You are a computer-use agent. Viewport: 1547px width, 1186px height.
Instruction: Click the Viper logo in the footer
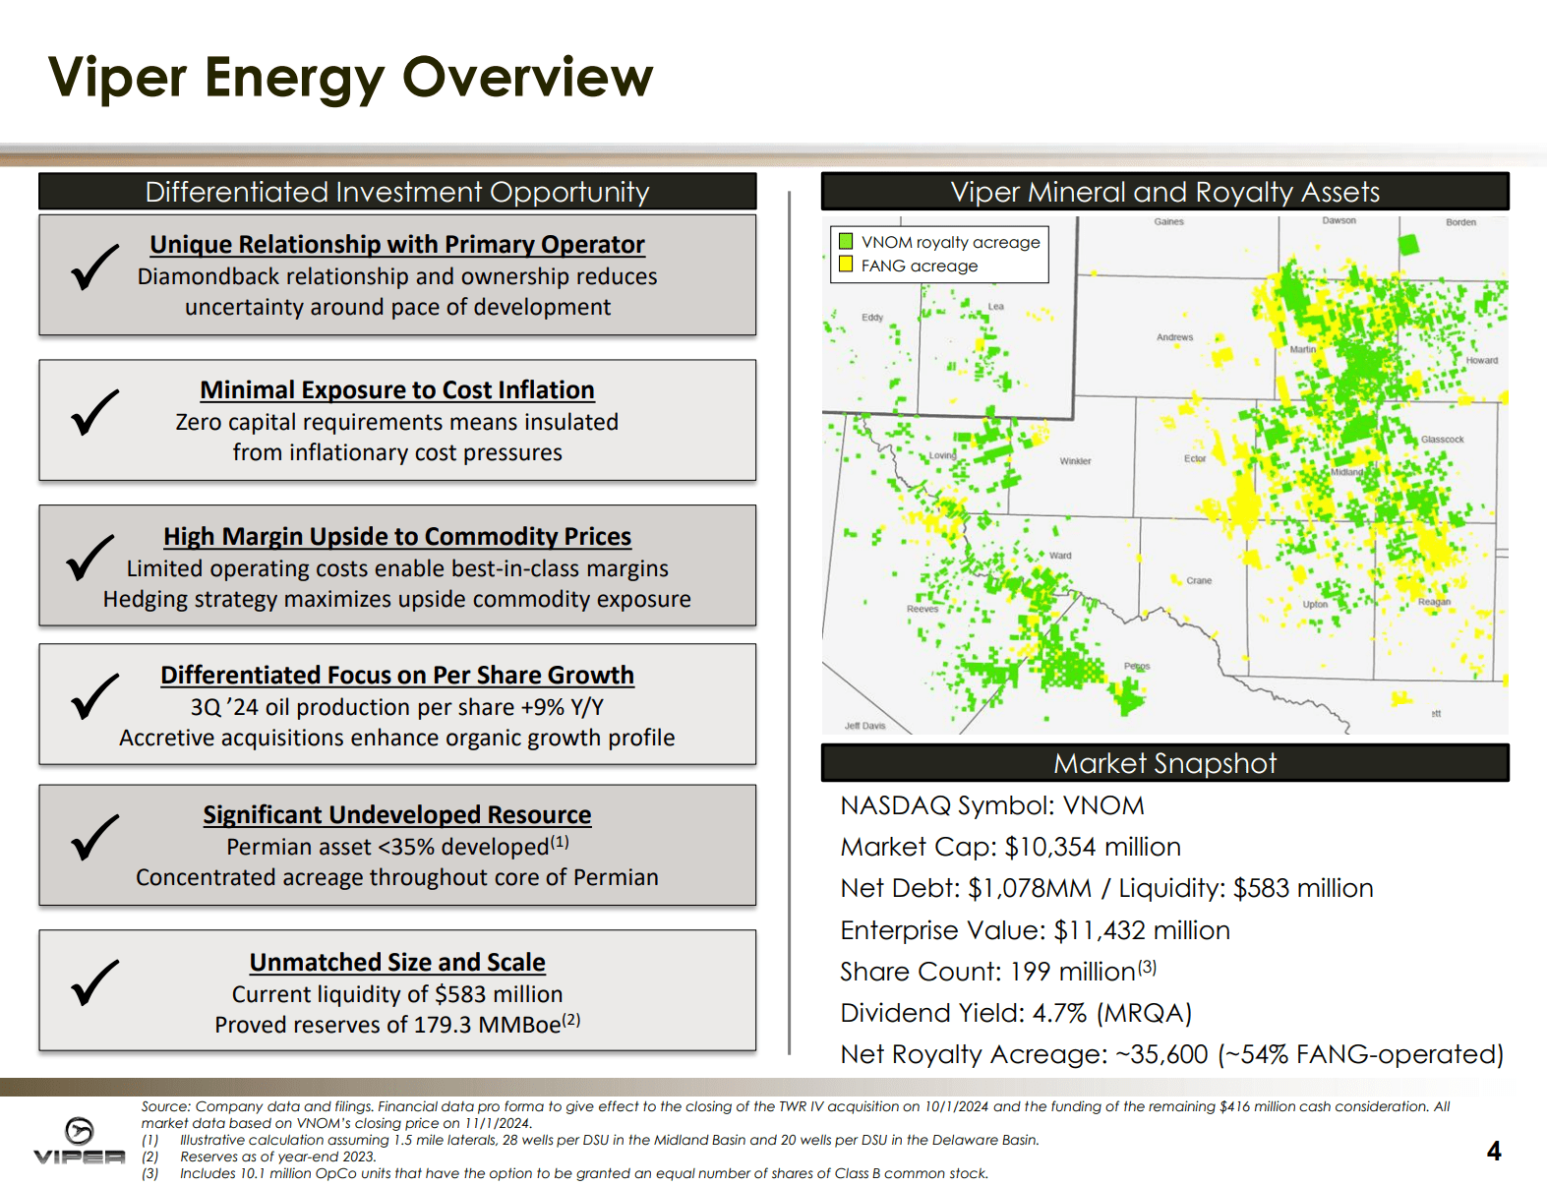[80, 1141]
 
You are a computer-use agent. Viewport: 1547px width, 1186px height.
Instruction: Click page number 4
[1493, 1151]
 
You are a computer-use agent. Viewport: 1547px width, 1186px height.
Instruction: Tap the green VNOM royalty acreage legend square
[846, 241]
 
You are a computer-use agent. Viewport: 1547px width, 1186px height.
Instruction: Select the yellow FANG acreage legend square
[846, 265]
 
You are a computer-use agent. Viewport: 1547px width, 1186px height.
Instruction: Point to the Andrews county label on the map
[1174, 337]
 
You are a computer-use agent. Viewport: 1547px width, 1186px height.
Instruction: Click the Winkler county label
[1075, 461]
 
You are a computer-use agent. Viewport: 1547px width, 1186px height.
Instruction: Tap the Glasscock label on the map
[1442, 440]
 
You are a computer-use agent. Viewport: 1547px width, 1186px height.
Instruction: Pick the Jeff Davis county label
[864, 726]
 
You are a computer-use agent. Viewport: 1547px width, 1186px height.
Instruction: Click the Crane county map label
[1199, 581]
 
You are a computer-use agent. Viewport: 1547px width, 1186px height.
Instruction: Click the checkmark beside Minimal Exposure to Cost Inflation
[94, 413]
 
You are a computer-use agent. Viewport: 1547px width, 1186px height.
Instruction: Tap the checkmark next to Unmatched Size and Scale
[94, 982]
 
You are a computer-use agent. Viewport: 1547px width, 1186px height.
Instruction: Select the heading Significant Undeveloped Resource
[397, 815]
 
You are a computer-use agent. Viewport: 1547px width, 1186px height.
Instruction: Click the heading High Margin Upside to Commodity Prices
[397, 537]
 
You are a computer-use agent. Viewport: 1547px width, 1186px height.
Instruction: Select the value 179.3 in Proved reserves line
[444, 1025]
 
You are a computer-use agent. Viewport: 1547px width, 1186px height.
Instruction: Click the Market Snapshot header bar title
[1164, 764]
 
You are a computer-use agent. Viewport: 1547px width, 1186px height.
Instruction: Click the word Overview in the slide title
[527, 78]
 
